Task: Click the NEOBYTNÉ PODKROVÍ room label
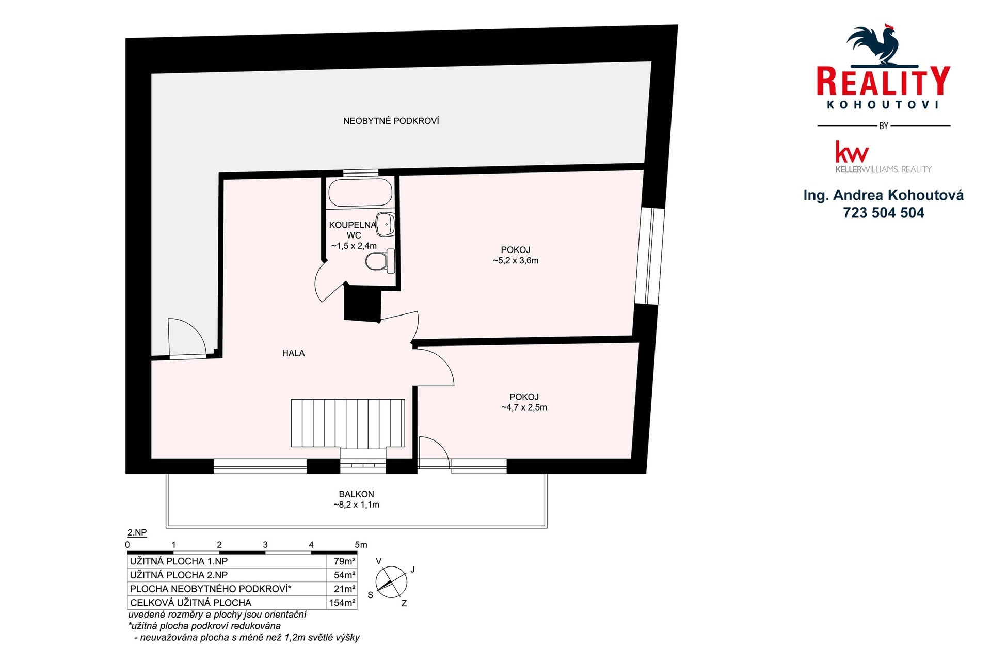tap(391, 121)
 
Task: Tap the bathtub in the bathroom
tap(360, 192)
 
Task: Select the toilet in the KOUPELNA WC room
tap(380, 261)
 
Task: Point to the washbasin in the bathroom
tap(386, 224)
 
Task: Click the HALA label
tap(293, 353)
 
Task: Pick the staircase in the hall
tap(348, 423)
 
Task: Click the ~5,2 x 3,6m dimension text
tap(516, 261)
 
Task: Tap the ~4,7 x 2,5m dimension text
tap(524, 407)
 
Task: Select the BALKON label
tap(356, 494)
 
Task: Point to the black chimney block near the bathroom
tap(362, 304)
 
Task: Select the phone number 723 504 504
tap(884, 213)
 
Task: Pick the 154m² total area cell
tap(342, 603)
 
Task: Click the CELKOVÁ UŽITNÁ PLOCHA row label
tap(190, 603)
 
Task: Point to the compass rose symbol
tap(391, 582)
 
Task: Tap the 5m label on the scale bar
tap(361, 545)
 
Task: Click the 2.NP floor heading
tap(137, 532)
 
